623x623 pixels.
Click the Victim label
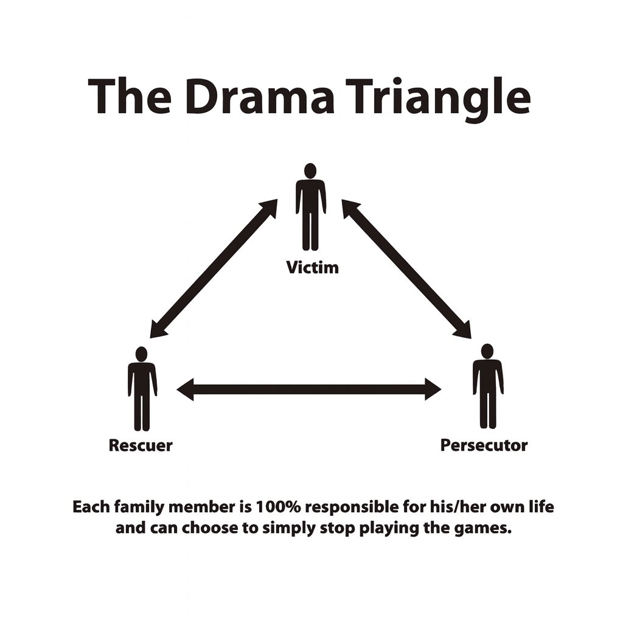pyautogui.click(x=312, y=267)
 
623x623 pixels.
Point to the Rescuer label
pyautogui.click(x=141, y=445)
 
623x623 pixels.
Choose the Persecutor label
pyautogui.click(x=484, y=445)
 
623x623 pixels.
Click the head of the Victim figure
pyautogui.click(x=310, y=170)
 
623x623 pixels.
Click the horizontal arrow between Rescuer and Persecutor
pyautogui.click(x=308, y=389)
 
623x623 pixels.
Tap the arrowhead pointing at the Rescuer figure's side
pyautogui.click(x=184, y=389)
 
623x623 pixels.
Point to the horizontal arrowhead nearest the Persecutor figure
pyautogui.click(x=433, y=389)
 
